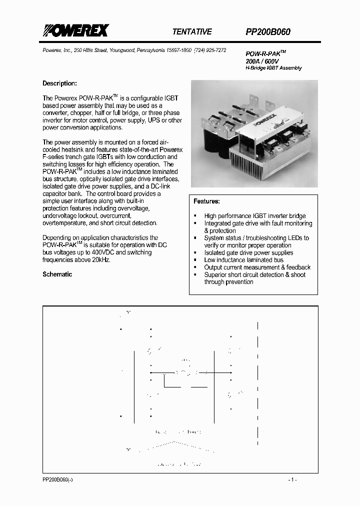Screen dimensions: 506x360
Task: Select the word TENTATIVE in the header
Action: coord(192,31)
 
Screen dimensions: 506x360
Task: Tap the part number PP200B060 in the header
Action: coord(267,31)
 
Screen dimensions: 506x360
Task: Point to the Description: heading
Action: coord(59,83)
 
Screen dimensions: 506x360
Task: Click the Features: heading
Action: coord(206,201)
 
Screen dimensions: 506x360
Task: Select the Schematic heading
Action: coord(57,274)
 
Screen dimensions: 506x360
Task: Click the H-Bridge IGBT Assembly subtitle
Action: coord(273,67)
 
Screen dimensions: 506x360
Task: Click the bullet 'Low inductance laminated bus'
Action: coord(243,260)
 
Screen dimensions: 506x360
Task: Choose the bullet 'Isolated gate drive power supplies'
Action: coord(248,252)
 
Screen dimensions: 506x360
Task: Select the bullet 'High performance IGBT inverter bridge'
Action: coord(254,216)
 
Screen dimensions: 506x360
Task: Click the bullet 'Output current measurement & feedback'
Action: coord(257,267)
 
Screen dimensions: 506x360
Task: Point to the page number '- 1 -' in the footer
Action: coord(292,479)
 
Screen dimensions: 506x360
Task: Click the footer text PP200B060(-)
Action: coord(57,479)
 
